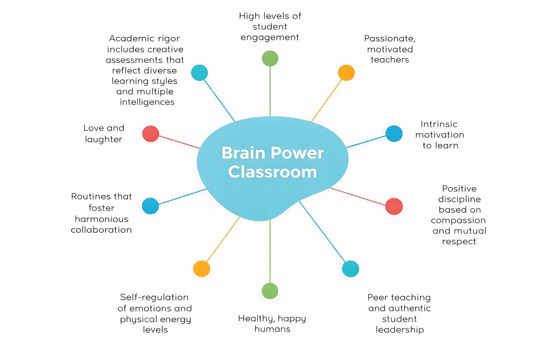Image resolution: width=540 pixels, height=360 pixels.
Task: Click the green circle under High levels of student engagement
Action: (x=270, y=58)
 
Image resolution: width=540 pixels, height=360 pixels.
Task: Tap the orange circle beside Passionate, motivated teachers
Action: (x=346, y=73)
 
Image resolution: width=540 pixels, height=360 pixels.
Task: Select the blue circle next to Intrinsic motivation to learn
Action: (x=394, y=134)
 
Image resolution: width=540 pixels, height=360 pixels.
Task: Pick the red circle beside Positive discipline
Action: (x=394, y=206)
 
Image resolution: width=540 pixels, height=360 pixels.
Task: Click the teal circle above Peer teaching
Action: (x=351, y=269)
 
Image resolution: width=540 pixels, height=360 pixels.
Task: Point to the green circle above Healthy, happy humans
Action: (x=270, y=291)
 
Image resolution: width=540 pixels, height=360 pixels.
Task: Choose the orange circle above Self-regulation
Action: (x=202, y=269)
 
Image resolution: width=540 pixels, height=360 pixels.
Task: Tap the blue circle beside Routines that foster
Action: (x=150, y=206)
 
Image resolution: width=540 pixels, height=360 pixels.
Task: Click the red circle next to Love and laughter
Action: (x=151, y=134)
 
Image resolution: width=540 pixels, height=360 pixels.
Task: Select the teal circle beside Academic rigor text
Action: (x=199, y=73)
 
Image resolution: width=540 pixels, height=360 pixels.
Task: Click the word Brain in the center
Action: (x=243, y=153)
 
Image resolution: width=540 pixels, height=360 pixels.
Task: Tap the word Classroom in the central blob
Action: (x=272, y=172)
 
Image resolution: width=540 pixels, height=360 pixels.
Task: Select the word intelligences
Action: (x=147, y=102)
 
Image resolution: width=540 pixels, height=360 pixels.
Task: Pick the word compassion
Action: (x=458, y=220)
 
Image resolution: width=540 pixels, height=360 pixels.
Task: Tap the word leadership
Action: (x=400, y=330)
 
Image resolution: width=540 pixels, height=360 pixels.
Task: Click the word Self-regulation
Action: (x=154, y=297)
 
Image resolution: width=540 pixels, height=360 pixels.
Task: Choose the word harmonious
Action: (x=102, y=219)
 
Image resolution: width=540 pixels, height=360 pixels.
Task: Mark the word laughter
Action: (x=104, y=140)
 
